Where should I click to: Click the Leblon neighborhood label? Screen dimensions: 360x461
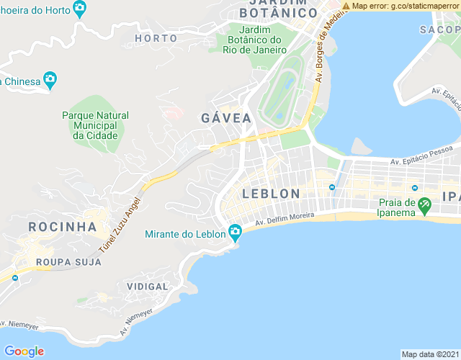[x=271, y=194]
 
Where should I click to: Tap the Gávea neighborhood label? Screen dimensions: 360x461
[x=226, y=118]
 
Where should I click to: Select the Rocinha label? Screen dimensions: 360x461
[x=62, y=227]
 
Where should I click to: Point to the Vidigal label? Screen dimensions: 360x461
[x=147, y=286]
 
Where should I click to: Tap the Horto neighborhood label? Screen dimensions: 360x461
[x=156, y=38]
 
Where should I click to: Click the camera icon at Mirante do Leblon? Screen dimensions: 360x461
[x=235, y=232]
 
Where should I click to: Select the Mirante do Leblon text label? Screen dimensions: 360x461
[x=185, y=233]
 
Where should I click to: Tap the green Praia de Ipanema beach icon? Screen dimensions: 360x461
[x=425, y=207]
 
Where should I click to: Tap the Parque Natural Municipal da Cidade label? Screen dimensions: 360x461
[x=95, y=125]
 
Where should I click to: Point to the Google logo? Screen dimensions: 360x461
[x=24, y=351]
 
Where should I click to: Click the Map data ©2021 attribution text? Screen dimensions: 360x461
[x=429, y=354]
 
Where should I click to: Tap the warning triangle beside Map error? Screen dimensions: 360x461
[x=346, y=6]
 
